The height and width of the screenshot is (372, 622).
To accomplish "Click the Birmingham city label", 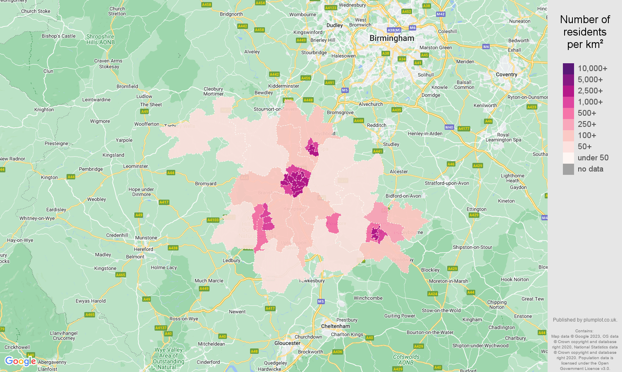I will pyautogui.click(x=391, y=38).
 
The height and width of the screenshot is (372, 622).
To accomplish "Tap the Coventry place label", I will pyautogui.click(x=506, y=74).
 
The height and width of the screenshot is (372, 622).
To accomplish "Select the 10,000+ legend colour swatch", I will pyautogui.click(x=568, y=69).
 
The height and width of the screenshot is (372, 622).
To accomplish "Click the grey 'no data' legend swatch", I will pyautogui.click(x=568, y=169).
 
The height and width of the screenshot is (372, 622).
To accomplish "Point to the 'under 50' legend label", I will pyautogui.click(x=593, y=158).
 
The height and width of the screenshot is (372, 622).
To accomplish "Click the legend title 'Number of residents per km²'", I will pyautogui.click(x=585, y=32).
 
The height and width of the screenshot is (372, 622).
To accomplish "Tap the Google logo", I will pyautogui.click(x=20, y=361).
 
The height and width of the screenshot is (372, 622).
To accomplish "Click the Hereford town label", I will pyautogui.click(x=143, y=249).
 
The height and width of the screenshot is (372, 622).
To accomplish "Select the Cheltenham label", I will pyautogui.click(x=336, y=326).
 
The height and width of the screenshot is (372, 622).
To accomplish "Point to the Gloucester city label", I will pyautogui.click(x=287, y=343).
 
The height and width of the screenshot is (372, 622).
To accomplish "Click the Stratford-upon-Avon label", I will pyautogui.click(x=447, y=183).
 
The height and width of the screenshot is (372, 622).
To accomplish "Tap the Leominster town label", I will pyautogui.click(x=136, y=166).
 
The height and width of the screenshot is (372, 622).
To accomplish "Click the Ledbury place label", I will pyautogui.click(x=231, y=260).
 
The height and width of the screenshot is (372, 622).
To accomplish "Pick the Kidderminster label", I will pyautogui.click(x=284, y=86).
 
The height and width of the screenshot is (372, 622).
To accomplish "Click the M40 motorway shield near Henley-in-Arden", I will pyautogui.click(x=449, y=127).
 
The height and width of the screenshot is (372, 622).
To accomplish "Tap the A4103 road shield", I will pyautogui.click(x=213, y=220).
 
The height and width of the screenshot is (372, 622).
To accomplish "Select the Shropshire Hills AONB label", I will pyautogui.click(x=100, y=39).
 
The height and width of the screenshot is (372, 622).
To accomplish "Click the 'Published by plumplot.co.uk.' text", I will pyautogui.click(x=585, y=320).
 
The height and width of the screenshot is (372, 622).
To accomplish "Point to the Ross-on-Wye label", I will pyautogui.click(x=184, y=319).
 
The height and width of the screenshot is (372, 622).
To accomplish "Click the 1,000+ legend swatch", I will pyautogui.click(x=568, y=102).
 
